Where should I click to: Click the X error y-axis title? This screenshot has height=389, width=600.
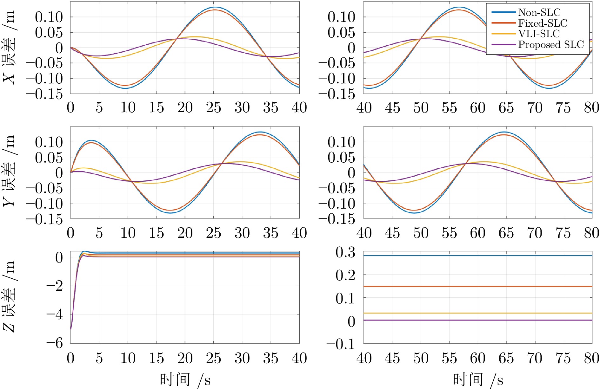click(x=10, y=48)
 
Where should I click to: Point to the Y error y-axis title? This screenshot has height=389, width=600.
click(x=10, y=171)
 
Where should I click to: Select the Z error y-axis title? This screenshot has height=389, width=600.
click(x=10, y=296)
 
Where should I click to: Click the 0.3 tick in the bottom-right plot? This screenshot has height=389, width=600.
click(x=345, y=253)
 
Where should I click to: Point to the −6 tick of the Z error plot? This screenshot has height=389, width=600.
click(x=55, y=343)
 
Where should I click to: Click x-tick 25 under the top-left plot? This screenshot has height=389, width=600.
click(x=213, y=107)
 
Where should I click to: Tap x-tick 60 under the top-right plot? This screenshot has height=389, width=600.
click(x=478, y=107)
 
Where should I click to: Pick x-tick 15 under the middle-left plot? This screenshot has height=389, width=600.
click(x=156, y=233)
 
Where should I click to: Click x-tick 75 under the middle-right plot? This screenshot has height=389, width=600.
click(x=563, y=233)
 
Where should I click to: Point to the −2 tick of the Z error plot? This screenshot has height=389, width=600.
click(x=55, y=286)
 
